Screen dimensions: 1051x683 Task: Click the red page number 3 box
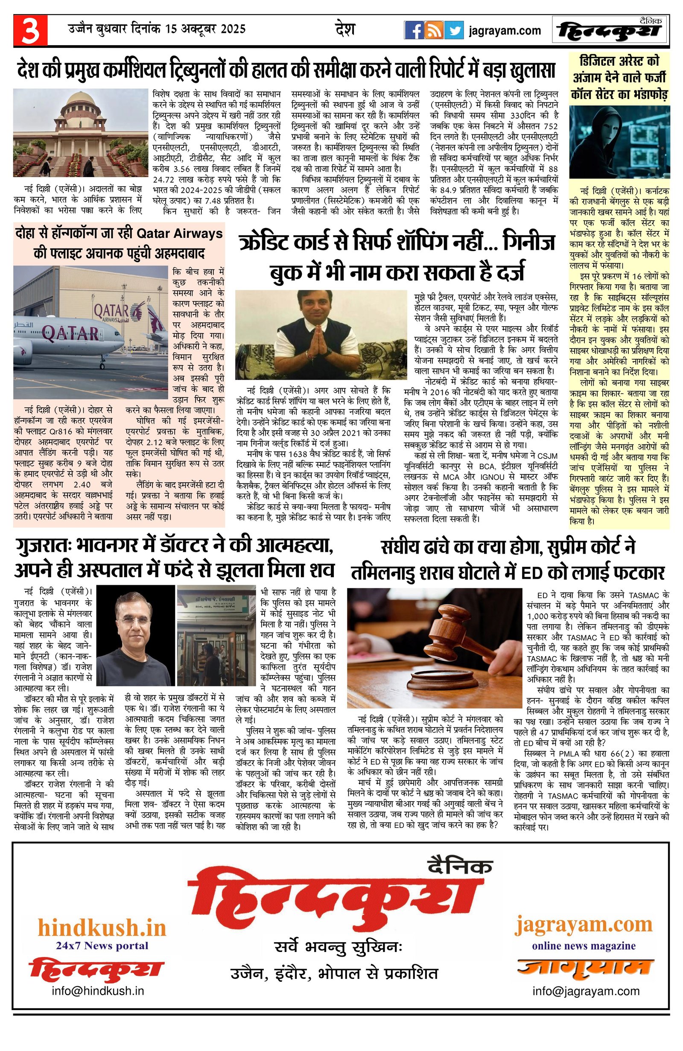[30, 30]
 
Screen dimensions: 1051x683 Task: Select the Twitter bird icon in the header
[454, 30]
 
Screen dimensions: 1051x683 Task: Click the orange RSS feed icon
[434, 30]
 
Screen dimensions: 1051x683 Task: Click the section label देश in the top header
[345, 29]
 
